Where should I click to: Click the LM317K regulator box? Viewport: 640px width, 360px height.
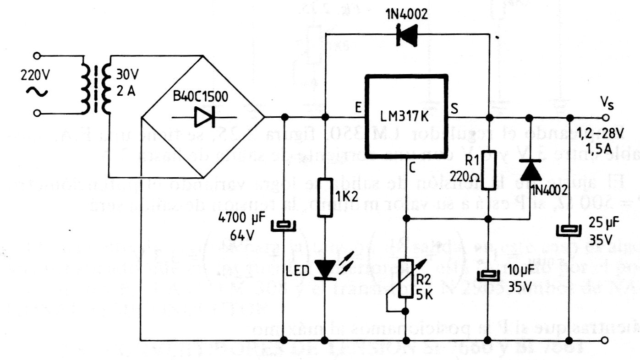406,116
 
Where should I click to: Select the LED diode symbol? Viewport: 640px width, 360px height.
325,270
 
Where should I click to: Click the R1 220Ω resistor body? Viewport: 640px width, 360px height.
489,169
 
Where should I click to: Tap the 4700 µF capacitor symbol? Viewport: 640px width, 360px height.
284,226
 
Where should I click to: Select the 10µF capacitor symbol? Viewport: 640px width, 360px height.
489,276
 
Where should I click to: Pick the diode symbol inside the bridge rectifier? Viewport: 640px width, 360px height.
202,117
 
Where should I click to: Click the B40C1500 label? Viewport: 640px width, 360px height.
199,98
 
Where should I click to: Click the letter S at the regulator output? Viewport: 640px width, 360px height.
454,109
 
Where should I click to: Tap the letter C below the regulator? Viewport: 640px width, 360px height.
412,169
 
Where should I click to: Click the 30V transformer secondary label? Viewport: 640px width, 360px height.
126,73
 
